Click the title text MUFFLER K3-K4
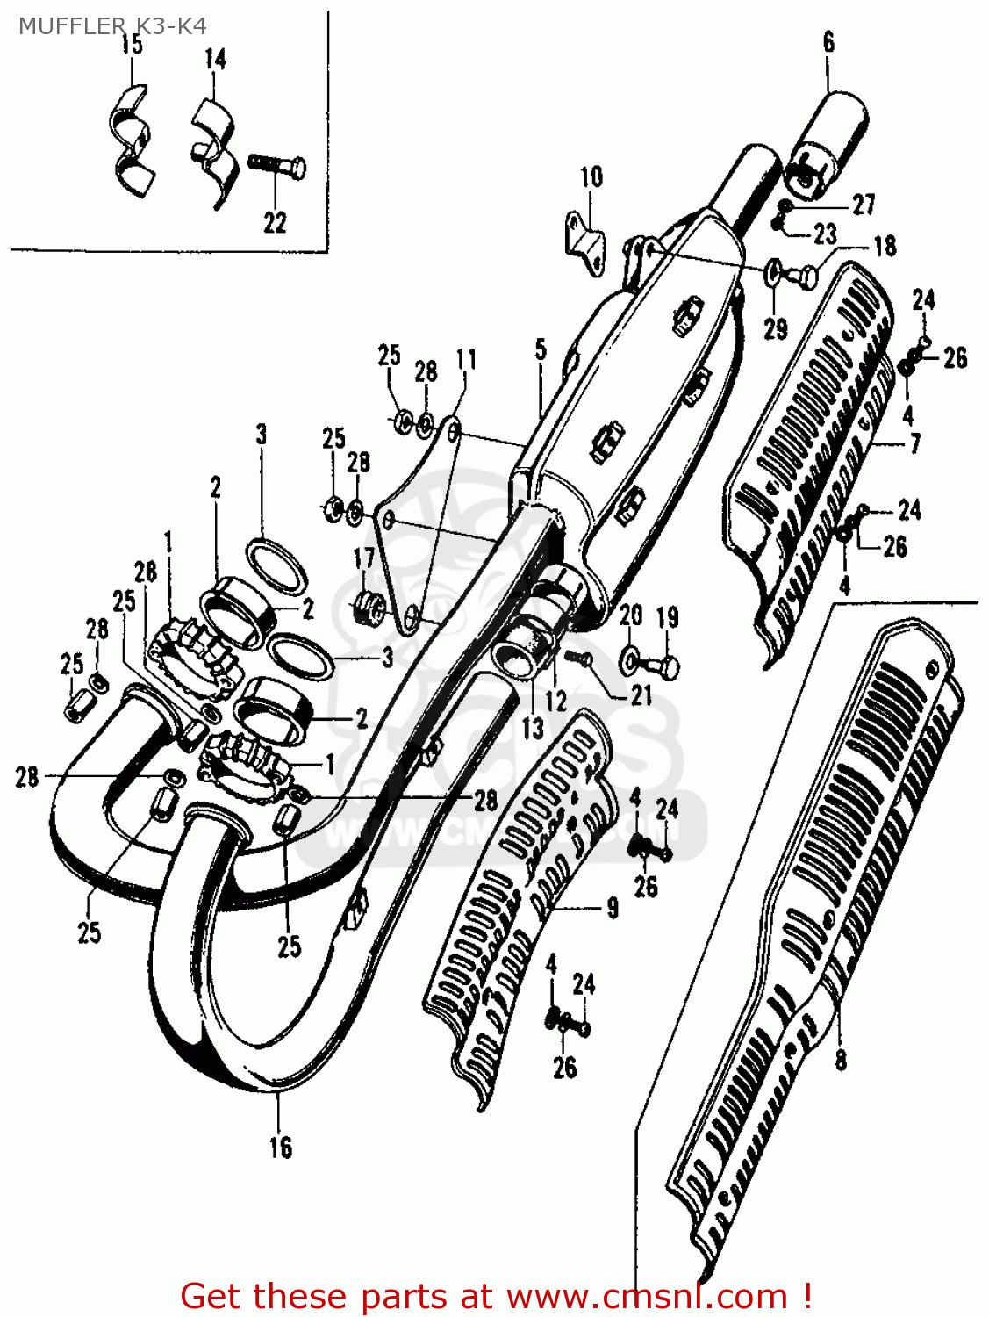click(112, 26)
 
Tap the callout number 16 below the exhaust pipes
click(280, 1148)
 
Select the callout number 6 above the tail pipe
click(828, 41)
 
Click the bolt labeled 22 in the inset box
click(277, 166)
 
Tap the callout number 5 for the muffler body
click(541, 349)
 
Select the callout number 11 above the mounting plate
click(466, 359)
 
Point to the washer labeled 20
click(630, 659)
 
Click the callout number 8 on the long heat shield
click(841, 1060)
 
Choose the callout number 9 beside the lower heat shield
click(612, 908)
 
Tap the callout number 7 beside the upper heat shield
click(914, 444)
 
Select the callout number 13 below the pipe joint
click(532, 728)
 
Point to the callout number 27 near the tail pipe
click(864, 205)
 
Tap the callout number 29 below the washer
click(775, 329)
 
